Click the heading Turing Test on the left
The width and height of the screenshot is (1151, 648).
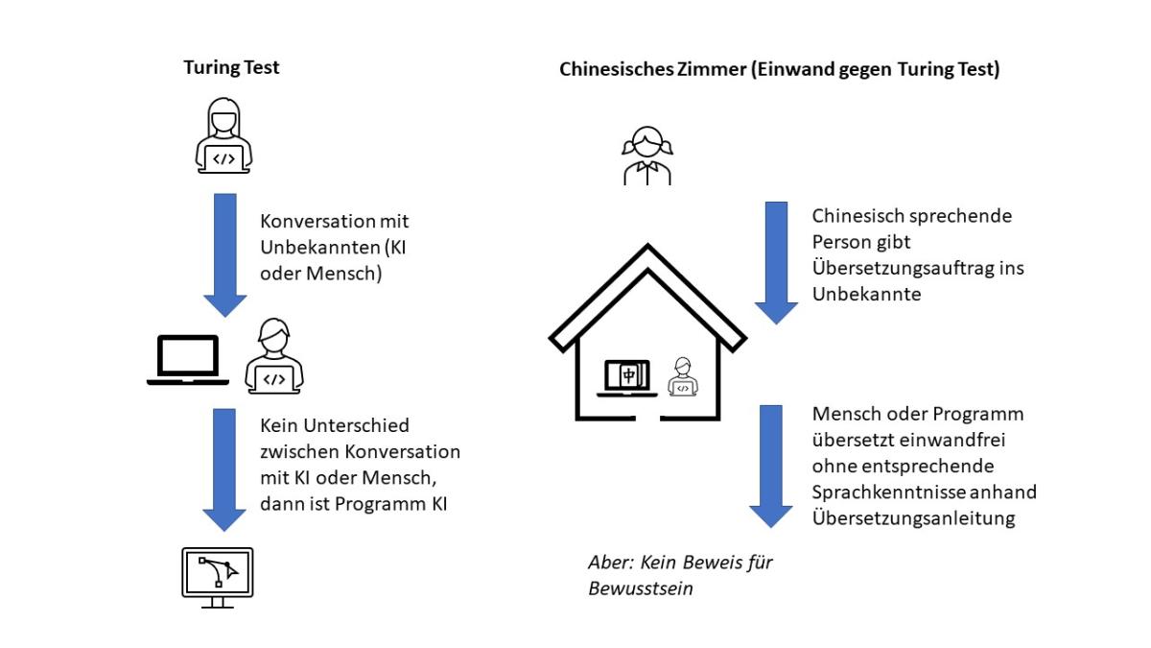231,68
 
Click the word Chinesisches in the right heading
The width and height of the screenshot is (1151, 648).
608,70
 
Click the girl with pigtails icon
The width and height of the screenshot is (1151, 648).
646,157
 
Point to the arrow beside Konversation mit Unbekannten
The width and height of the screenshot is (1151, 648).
224,255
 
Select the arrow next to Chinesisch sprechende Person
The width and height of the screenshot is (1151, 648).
776,262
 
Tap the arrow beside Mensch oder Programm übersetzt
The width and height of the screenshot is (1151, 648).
776,466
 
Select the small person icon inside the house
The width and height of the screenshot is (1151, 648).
682,376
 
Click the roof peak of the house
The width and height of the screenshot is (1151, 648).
647,251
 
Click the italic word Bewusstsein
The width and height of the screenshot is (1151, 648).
640,588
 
